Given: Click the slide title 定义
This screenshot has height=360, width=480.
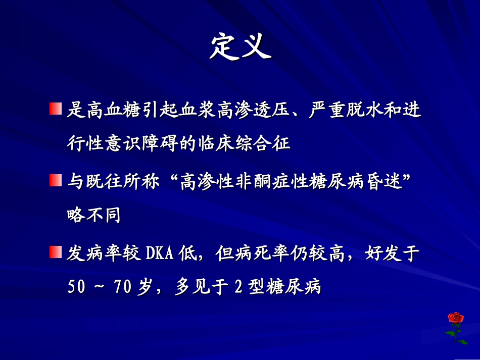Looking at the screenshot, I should click(x=241, y=48).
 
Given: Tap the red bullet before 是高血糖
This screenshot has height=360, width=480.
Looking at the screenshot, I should click(x=55, y=109).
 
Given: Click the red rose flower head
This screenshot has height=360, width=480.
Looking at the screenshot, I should click(x=456, y=318).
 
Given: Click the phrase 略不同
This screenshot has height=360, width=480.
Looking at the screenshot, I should click(x=93, y=216).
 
